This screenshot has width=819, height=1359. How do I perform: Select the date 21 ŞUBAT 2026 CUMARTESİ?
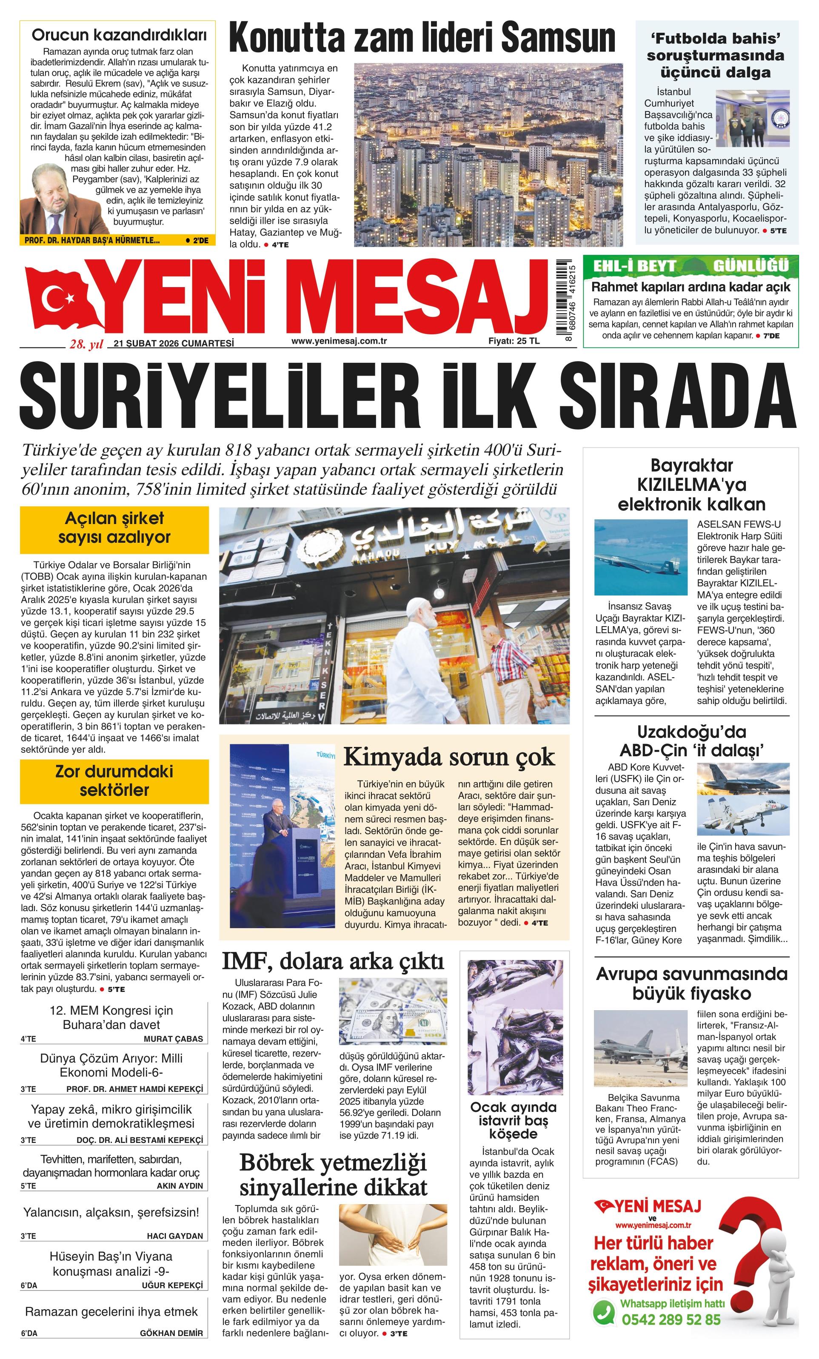[x=174, y=343]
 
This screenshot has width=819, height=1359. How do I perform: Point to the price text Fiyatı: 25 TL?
[x=514, y=341]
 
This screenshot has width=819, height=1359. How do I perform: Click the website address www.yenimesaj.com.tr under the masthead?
[x=339, y=341]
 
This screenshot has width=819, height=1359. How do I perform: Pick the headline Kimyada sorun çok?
[x=448, y=757]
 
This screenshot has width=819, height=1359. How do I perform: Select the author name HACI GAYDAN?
[x=175, y=1236]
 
